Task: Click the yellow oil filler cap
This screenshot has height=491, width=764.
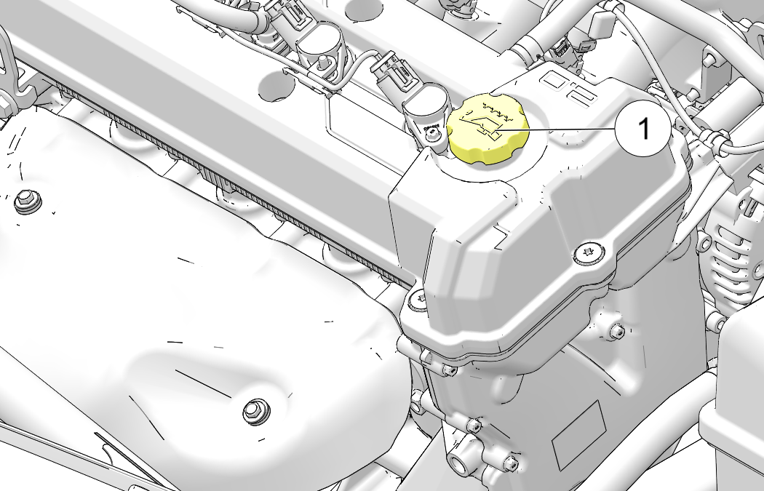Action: pyautogui.click(x=488, y=129)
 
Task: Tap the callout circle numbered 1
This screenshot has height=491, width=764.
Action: pyautogui.click(x=642, y=129)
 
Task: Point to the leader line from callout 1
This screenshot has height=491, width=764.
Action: pyautogui.click(x=555, y=130)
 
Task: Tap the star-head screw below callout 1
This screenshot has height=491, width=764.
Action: pyautogui.click(x=589, y=253)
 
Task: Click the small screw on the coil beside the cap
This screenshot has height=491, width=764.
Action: pyautogui.click(x=431, y=133)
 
